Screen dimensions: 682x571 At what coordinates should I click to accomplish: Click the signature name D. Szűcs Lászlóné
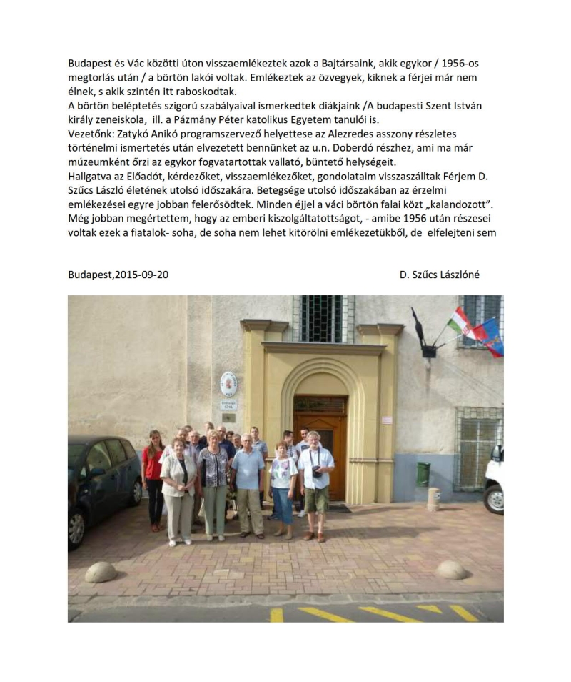click(x=440, y=275)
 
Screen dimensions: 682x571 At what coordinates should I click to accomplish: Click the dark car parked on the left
click(x=104, y=488)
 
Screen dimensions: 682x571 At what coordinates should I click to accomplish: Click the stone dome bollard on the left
click(x=101, y=572)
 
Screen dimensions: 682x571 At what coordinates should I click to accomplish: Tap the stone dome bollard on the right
click(x=451, y=569)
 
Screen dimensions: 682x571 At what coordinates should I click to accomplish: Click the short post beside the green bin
click(x=433, y=498)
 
